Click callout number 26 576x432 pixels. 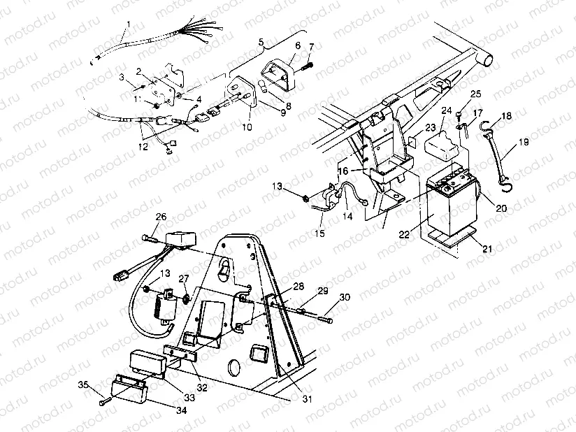pyautogui.click(x=160, y=217)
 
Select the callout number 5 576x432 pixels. pyautogui.click(x=261, y=43)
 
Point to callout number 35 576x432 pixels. pyautogui.click(x=82, y=385)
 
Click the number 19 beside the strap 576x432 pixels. pyautogui.click(x=524, y=145)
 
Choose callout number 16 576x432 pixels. pyautogui.click(x=343, y=171)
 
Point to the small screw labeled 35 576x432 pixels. pyautogui.click(x=104, y=402)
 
